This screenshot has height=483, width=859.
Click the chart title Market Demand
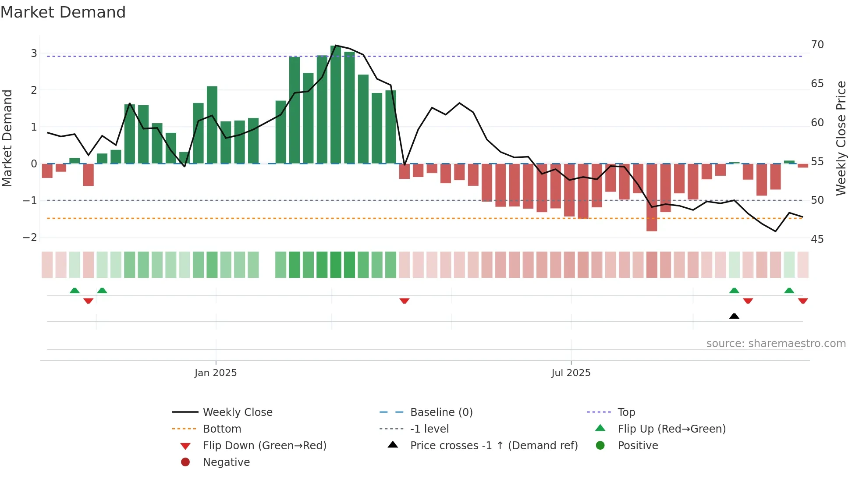(63, 12)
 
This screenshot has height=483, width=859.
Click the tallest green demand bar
(336, 105)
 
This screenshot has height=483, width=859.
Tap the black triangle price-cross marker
(734, 316)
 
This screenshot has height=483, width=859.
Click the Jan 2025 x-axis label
(216, 373)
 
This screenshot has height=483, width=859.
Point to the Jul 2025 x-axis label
(571, 373)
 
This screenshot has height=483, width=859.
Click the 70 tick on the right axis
(817, 45)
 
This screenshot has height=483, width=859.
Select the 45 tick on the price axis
(817, 239)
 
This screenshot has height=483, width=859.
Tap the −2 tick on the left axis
(30, 238)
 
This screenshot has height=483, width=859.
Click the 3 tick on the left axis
(34, 53)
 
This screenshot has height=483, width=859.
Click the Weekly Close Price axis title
(841, 138)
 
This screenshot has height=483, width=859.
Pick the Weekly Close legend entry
(237, 412)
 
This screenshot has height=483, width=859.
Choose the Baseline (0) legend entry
(441, 412)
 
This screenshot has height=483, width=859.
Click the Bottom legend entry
(222, 429)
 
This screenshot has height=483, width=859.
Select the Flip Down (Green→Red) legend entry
(264, 445)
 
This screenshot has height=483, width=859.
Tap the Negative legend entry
(226, 462)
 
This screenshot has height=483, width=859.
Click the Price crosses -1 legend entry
(493, 445)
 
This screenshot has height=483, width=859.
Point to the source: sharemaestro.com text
(776, 343)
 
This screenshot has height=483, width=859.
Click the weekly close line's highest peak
(336, 45)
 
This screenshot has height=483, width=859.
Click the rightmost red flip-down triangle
(802, 301)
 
